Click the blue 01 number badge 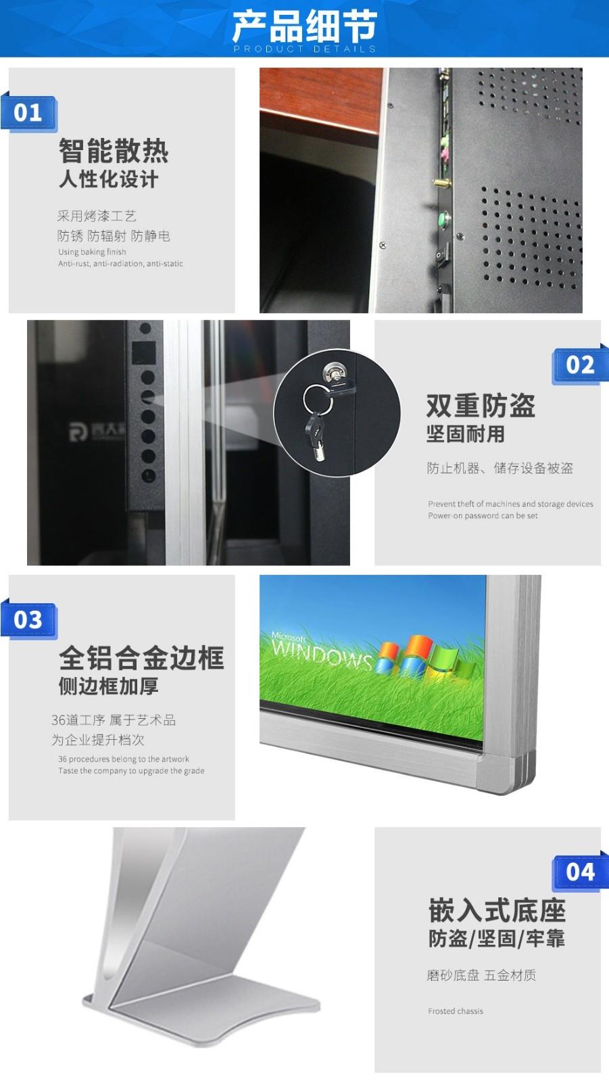[29, 113]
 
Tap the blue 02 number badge [579, 365]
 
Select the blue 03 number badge [29, 620]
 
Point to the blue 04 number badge [579, 872]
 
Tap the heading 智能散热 [114, 151]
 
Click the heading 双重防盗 [481, 406]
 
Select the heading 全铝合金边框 [141, 657]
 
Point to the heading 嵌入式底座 [497, 911]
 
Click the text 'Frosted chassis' [456, 1011]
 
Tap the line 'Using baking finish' [92, 252]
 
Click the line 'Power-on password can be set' [483, 515]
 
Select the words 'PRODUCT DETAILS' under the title [304, 49]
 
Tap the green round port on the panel [443, 219]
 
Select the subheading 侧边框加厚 [108, 686]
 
